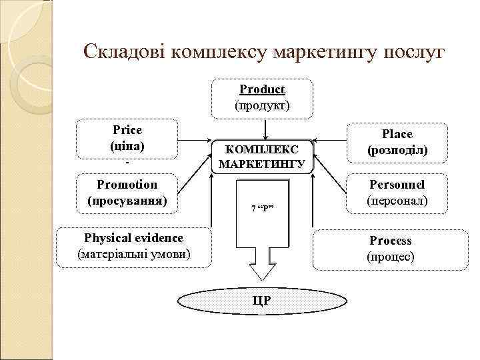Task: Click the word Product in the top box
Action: pos(262,89)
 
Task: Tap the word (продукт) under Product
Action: pos(262,105)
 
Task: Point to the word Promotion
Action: pos(127,185)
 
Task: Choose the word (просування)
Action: pos(127,200)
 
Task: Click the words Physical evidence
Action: pos(133,238)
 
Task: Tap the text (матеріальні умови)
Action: pos(133,254)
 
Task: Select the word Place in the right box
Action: pos(397,134)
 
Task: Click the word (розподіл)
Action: pos(397,151)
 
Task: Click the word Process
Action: pos(391,241)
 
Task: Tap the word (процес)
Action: pos(391,257)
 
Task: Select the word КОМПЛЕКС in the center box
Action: pos(262,149)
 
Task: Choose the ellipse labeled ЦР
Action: pos(262,301)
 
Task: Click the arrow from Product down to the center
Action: pos(265,127)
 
